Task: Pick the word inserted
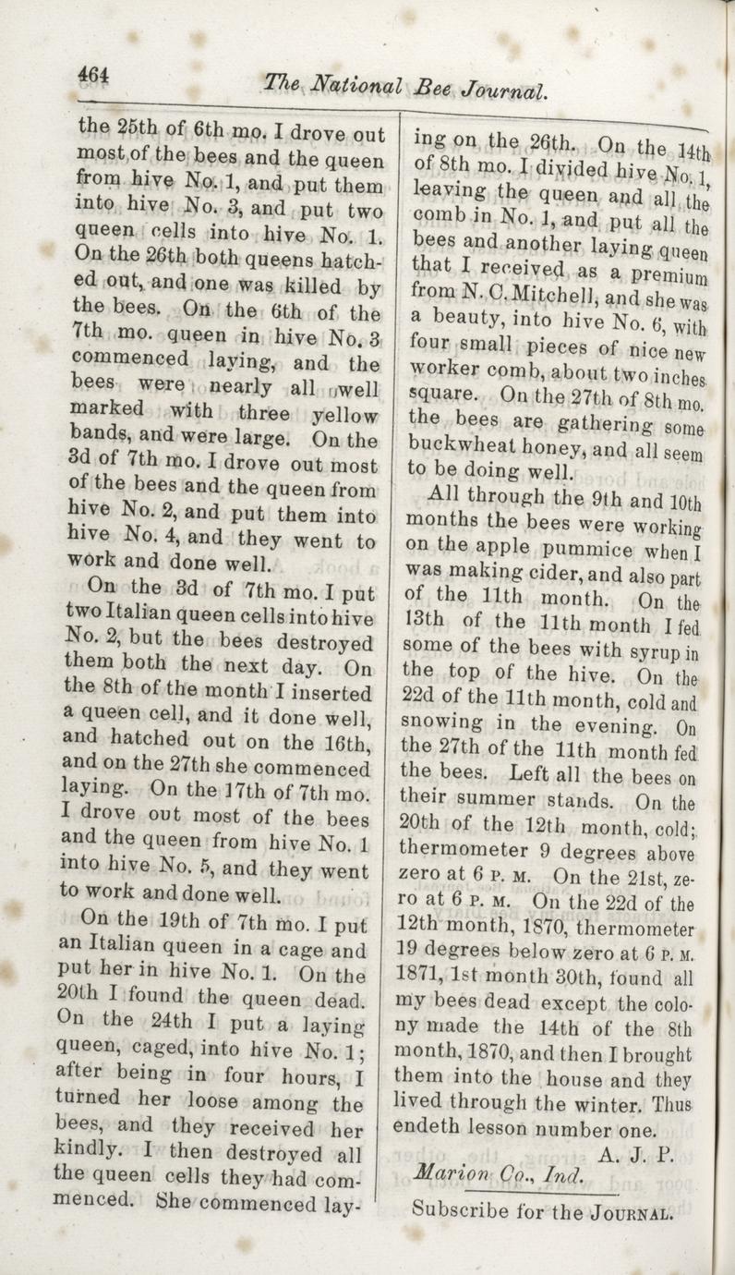click(x=326, y=692)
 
